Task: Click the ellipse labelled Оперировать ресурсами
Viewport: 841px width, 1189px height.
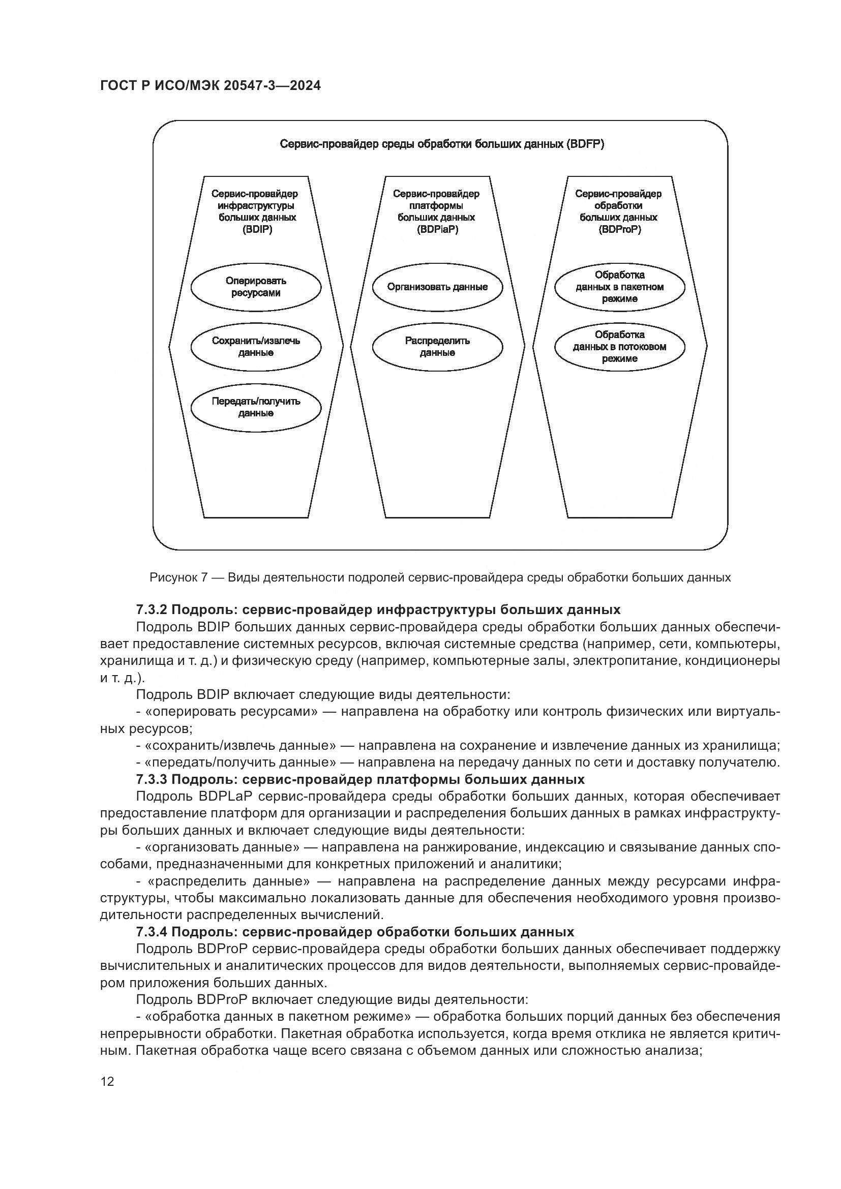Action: coord(256,287)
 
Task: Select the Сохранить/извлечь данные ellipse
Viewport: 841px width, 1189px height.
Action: coord(256,347)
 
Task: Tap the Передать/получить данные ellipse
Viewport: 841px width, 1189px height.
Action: coord(256,408)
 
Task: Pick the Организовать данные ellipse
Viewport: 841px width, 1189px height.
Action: coord(438,287)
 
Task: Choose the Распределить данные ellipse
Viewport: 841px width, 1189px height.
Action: coord(438,347)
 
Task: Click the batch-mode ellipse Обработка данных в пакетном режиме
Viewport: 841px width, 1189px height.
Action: coord(619,287)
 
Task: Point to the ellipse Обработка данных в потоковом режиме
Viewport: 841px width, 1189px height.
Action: coord(619,347)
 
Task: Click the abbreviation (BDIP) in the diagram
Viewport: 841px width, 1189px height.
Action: coord(257,229)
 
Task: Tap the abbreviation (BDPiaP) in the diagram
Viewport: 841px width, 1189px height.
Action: coord(438,229)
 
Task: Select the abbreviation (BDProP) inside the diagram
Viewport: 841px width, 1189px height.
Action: coord(619,229)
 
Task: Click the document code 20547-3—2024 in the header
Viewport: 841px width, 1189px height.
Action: coord(273,86)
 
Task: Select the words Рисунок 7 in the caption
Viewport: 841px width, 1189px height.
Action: coord(178,577)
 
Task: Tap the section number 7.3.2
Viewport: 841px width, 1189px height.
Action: coord(151,609)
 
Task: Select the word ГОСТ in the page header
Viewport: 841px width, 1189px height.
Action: coord(116,86)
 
